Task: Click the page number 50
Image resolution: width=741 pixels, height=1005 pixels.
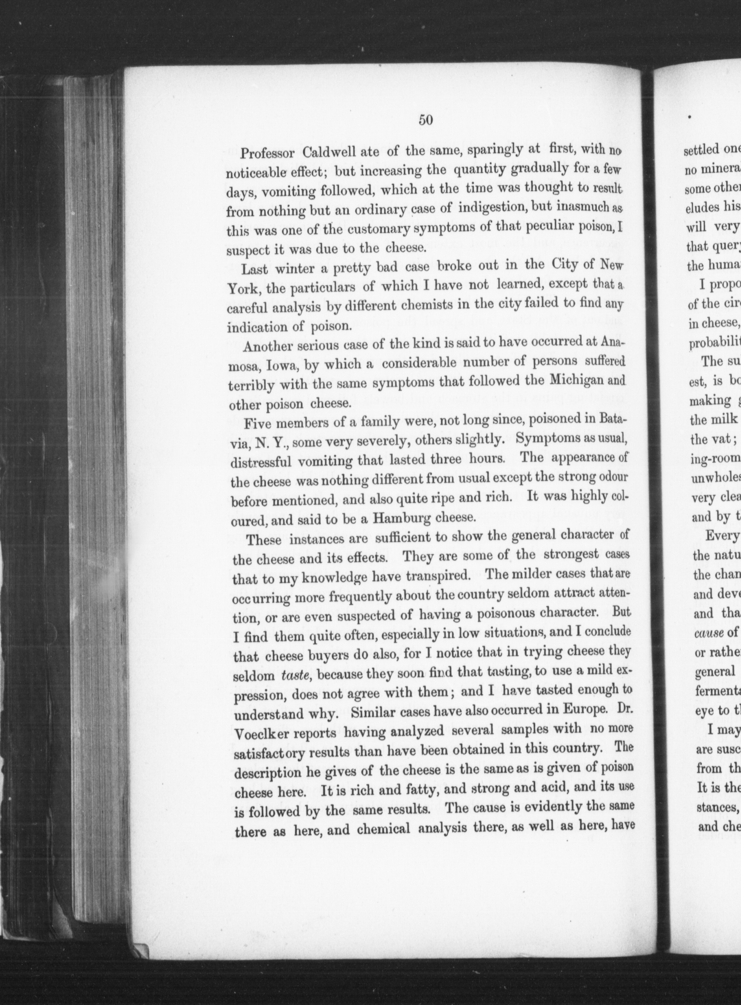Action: [425, 120]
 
